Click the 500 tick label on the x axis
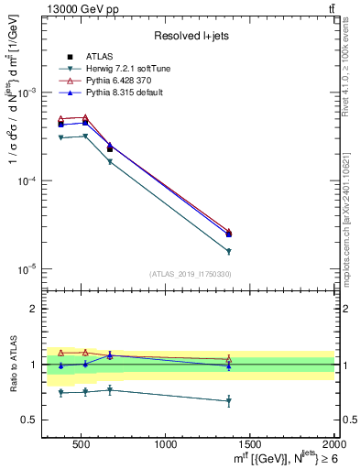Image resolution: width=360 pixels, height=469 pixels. tap(81, 444)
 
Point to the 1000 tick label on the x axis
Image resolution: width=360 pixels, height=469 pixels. tap(166, 444)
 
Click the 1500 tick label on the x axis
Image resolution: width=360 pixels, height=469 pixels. tap(250, 444)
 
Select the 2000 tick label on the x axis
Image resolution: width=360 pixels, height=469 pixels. tap(333, 444)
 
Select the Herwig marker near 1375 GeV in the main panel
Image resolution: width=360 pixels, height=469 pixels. tap(228, 251)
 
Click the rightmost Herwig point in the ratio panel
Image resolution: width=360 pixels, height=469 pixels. tap(228, 401)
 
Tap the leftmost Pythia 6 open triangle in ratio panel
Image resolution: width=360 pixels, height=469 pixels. tap(61, 353)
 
